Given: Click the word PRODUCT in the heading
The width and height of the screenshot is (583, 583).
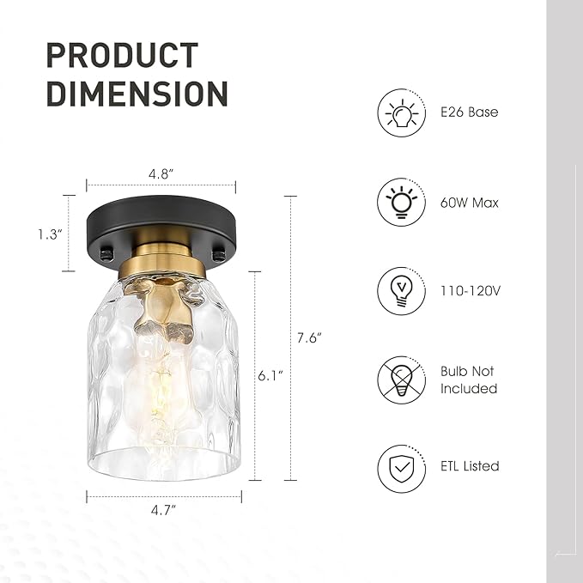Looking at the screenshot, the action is (122, 55).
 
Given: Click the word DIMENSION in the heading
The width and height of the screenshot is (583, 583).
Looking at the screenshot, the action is (137, 94).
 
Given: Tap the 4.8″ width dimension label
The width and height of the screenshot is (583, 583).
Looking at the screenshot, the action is (161, 173).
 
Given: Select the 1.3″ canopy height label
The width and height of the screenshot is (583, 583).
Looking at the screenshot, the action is (50, 234).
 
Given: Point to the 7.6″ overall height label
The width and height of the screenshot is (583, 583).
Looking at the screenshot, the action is (309, 337).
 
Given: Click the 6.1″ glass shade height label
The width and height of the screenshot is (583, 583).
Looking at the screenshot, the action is (270, 376).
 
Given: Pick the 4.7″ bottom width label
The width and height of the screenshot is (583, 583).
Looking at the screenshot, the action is (163, 510).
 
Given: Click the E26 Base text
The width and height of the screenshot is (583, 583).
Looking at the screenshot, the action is (469, 112).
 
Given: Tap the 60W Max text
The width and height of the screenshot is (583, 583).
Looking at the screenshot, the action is (469, 203).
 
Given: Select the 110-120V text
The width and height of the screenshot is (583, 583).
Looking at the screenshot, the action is (471, 290).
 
